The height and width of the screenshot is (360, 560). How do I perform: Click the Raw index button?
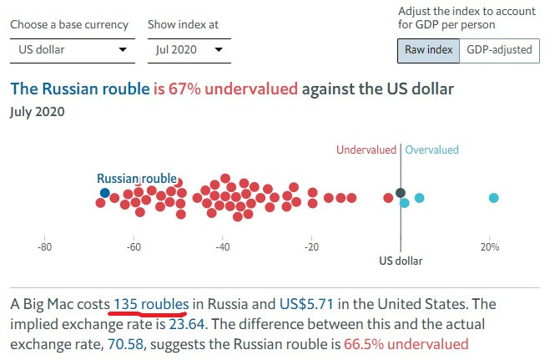click(428, 50)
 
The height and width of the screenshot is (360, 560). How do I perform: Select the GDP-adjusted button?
click(499, 50)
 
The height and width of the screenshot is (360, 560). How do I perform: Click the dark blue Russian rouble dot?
click(104, 193)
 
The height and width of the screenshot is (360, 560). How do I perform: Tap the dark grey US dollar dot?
click(401, 193)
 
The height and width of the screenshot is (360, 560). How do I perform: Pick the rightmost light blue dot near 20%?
click(493, 198)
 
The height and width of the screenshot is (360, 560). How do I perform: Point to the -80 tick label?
click(45, 247)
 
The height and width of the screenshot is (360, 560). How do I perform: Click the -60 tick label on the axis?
click(134, 247)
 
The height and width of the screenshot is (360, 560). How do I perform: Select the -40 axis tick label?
click(223, 247)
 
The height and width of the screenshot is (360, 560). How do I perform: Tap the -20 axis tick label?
click(311, 247)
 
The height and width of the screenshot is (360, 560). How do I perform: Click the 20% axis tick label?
click(490, 247)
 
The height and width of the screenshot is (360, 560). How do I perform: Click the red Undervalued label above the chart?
click(366, 150)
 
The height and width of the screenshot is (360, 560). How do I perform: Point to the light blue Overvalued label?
click(432, 150)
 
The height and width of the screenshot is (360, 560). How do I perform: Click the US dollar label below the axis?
click(401, 261)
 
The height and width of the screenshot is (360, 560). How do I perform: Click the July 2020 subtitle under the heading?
click(37, 110)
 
